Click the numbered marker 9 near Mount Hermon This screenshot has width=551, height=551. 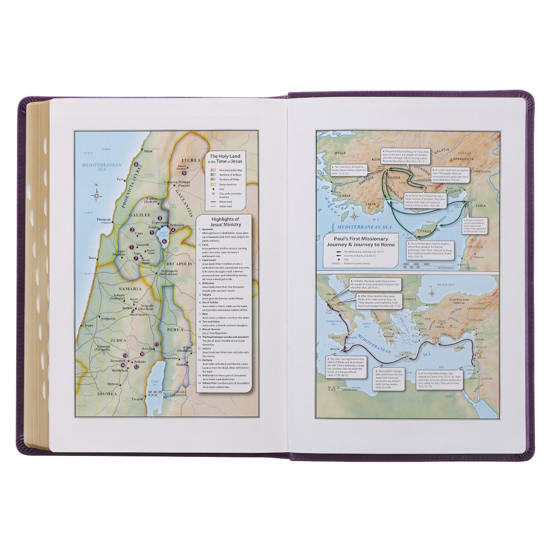[x=184, y=173]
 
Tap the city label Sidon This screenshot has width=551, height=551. [x=148, y=151]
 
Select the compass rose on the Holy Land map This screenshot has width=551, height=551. [x=96, y=196]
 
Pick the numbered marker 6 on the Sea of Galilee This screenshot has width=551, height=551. [x=164, y=241]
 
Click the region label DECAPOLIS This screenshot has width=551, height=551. [x=175, y=264]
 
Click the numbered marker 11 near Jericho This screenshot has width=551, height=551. [x=157, y=344]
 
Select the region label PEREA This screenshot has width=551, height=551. [x=174, y=329]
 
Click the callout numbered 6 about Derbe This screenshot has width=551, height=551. [x=425, y=200]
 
